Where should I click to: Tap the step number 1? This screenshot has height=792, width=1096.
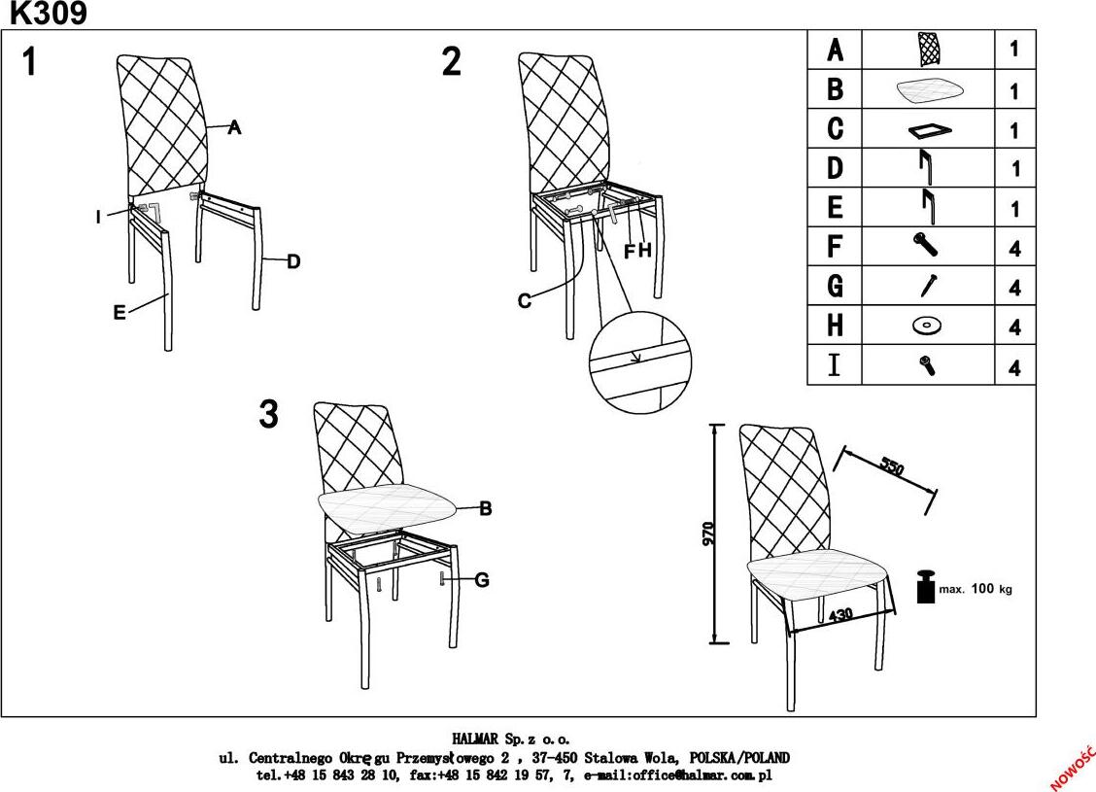[x=30, y=62]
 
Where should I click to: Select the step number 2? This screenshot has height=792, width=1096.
[x=452, y=62]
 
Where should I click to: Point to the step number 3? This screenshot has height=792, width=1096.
[x=269, y=415]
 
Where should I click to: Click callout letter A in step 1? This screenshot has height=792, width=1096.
[x=234, y=127]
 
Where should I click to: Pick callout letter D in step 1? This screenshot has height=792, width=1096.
[x=293, y=261]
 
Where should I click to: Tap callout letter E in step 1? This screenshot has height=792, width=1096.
[x=120, y=312]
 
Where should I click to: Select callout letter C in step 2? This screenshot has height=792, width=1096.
[x=525, y=301]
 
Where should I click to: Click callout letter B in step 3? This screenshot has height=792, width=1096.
[x=486, y=508]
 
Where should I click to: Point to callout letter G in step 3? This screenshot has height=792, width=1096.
[x=482, y=580]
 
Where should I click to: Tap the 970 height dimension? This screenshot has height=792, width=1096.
[x=708, y=534]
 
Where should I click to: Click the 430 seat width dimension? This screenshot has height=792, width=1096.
[x=840, y=616]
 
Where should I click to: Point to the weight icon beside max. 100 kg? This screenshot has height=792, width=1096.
[x=925, y=587]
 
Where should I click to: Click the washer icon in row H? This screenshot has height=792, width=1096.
[x=927, y=327]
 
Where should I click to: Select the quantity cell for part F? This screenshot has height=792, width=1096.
[x=1014, y=248]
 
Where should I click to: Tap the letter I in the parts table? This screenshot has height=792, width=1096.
[x=834, y=367]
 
